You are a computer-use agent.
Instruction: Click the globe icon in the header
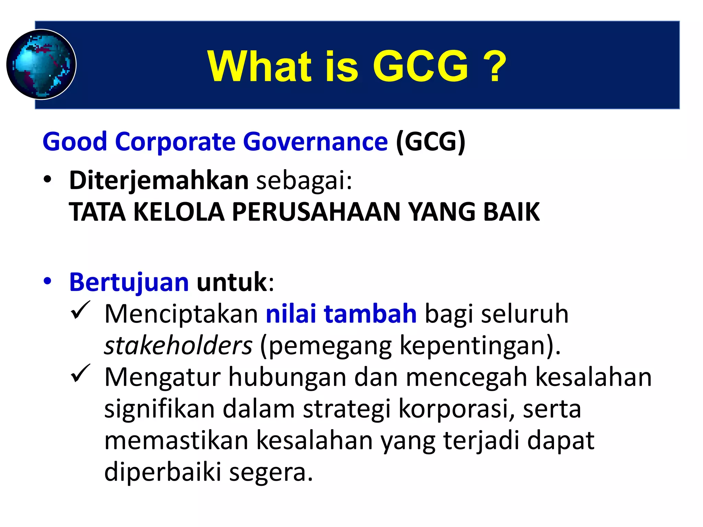tap(41, 65)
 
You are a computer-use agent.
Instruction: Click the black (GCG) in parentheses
tap(430, 141)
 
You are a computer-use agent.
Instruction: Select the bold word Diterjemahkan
tap(159, 180)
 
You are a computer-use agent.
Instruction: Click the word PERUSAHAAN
tap(316, 212)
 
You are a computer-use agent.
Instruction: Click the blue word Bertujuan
tap(129, 282)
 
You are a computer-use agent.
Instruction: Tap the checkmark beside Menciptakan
tap(80, 310)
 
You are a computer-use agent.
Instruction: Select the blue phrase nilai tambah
tap(341, 314)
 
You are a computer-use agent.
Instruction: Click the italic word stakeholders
tap(178, 345)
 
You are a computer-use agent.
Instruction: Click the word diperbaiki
tap(163, 472)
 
